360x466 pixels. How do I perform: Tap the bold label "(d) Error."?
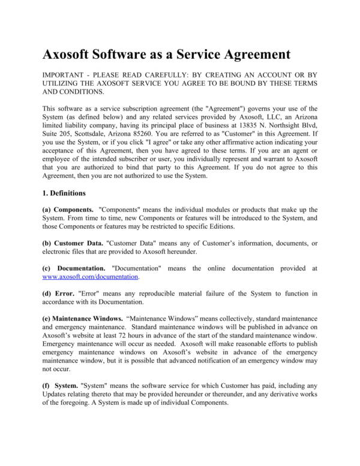click(x=61, y=293)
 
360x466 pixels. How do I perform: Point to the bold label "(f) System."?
click(x=63, y=385)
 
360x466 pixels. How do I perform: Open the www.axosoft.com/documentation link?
click(x=91, y=277)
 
